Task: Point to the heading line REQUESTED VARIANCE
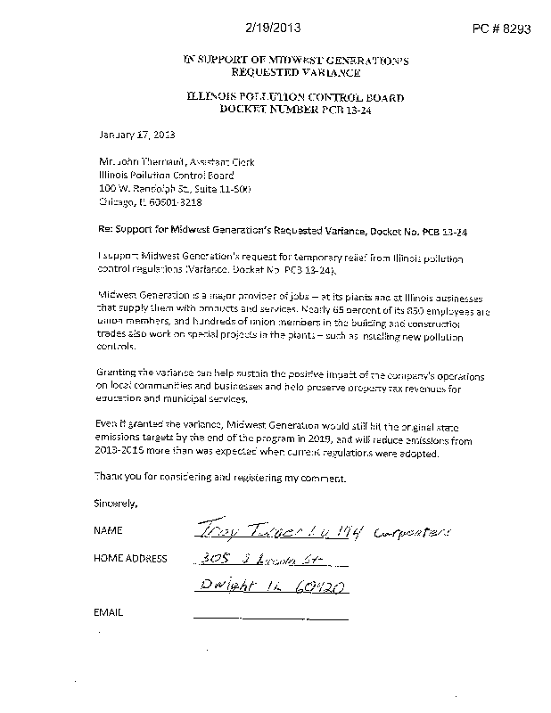click(294, 71)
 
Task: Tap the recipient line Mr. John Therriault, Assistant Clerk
click(177, 162)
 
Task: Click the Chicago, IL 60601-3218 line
click(152, 202)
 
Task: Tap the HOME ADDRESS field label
click(130, 559)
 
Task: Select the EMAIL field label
click(107, 614)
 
